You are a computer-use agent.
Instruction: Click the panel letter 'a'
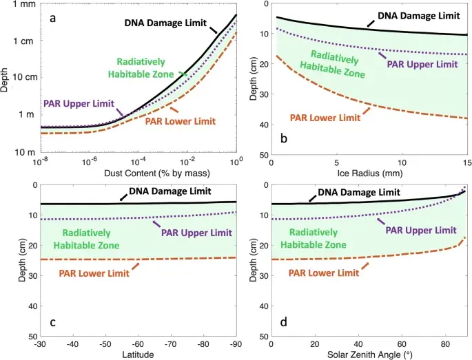coord(52,18)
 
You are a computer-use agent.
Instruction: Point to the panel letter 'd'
coord(283,321)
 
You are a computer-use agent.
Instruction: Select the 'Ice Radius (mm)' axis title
coord(370,172)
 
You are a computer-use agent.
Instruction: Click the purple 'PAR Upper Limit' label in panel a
coord(80,104)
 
